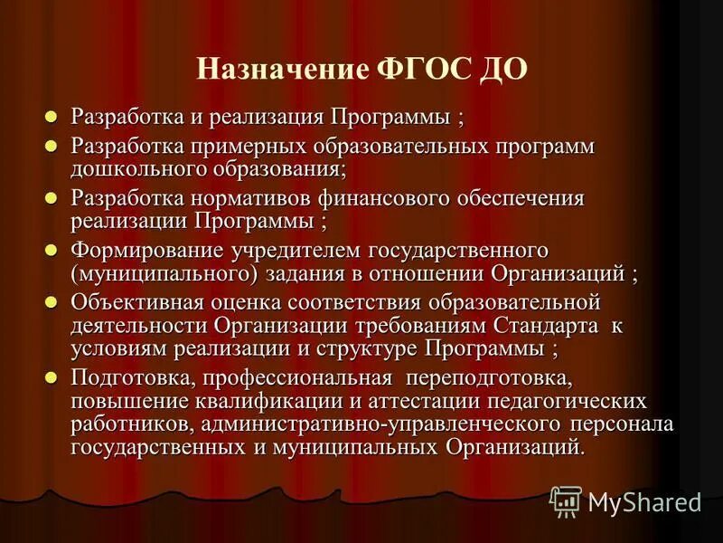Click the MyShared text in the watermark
point(644,500)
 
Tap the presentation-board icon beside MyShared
point(565,500)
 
